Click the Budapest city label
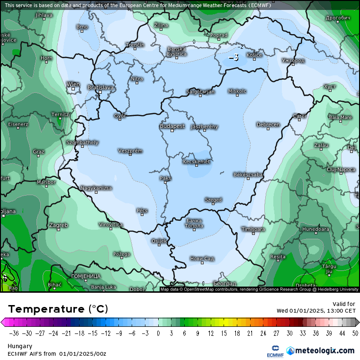tap(172, 126)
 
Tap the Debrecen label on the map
tap(268, 125)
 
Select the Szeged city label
tap(213, 200)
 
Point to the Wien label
tap(73, 84)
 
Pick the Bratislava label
tap(100, 87)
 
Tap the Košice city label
tap(254, 55)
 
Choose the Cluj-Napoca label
tap(341, 169)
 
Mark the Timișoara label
tap(253, 229)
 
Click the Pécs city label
tap(142, 210)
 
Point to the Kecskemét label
tap(197, 162)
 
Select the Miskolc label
tap(237, 91)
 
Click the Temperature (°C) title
tap(58, 309)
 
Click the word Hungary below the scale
tap(19, 346)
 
